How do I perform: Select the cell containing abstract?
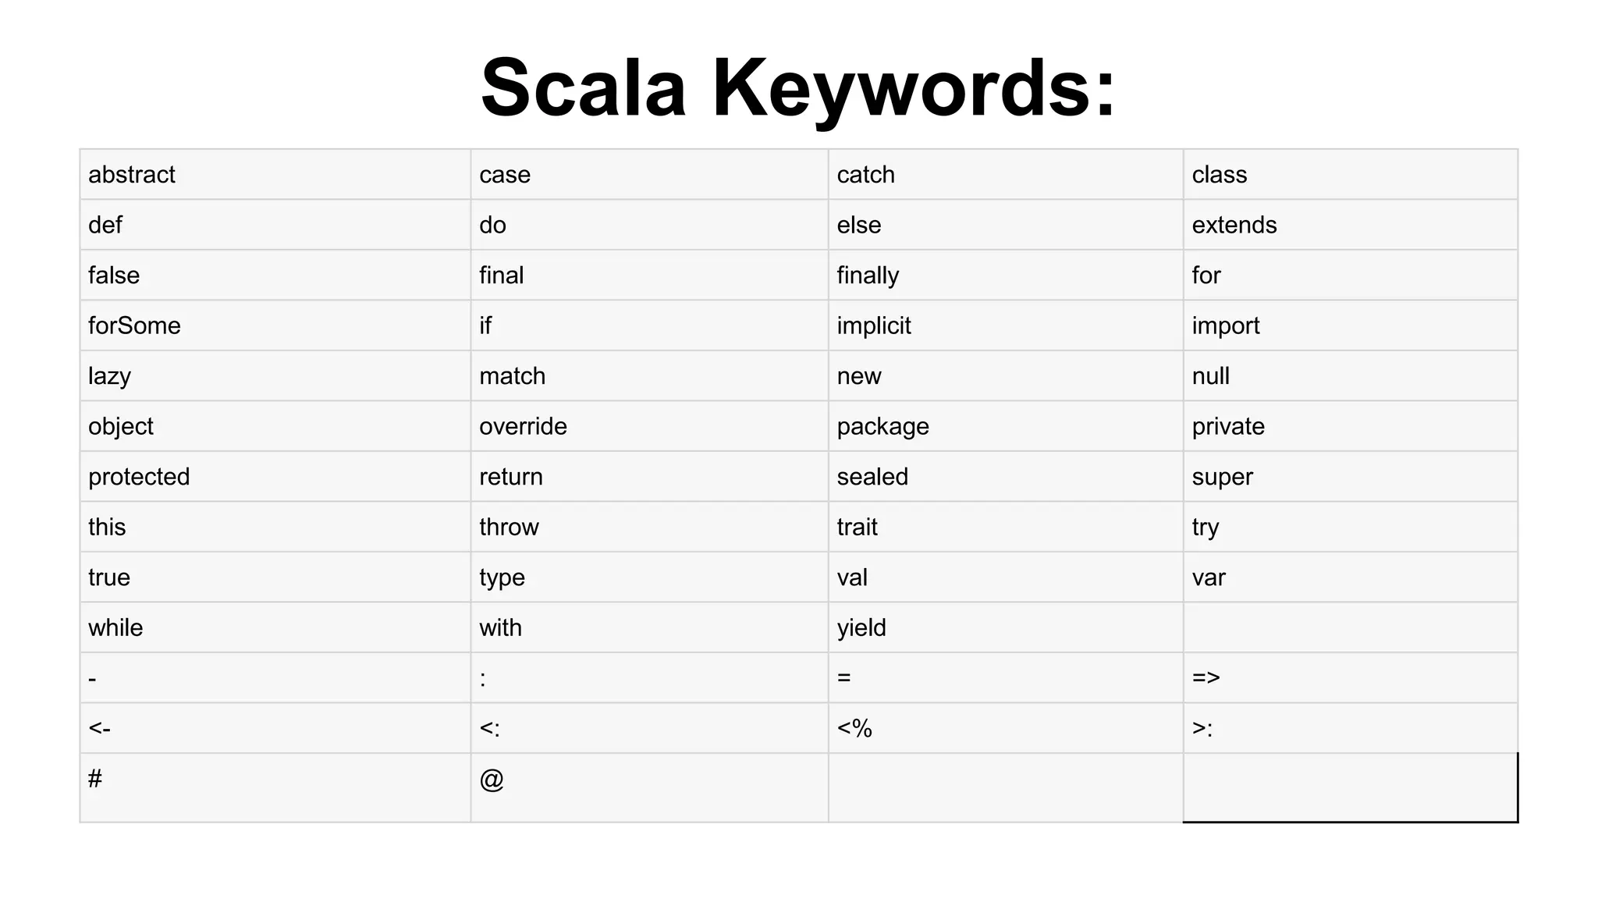click(x=132, y=175)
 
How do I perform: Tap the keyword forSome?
click(x=134, y=325)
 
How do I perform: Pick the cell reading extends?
click(x=1234, y=226)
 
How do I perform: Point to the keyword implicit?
click(x=873, y=325)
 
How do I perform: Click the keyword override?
click(x=523, y=426)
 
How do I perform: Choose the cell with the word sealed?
click(x=872, y=477)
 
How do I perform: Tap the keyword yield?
click(x=861, y=627)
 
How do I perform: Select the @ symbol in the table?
click(x=492, y=779)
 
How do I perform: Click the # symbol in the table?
click(x=95, y=778)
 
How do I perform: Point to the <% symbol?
click(x=854, y=728)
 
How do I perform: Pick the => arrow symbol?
click(x=1206, y=677)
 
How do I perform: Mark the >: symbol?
click(x=1202, y=728)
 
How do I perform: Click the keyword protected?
click(x=139, y=477)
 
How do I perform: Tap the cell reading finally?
click(x=868, y=275)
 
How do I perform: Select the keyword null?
click(x=1210, y=376)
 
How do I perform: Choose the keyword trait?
click(x=857, y=527)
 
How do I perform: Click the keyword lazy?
click(x=109, y=376)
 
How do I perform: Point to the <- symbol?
click(x=99, y=728)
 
